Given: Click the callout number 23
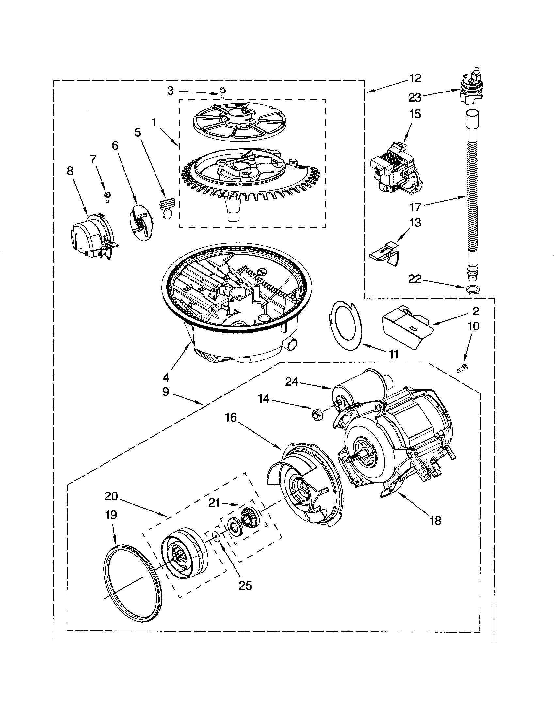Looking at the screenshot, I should click(415, 97).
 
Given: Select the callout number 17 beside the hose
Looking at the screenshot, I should click(415, 207).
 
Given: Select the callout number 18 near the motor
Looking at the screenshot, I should click(435, 521).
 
